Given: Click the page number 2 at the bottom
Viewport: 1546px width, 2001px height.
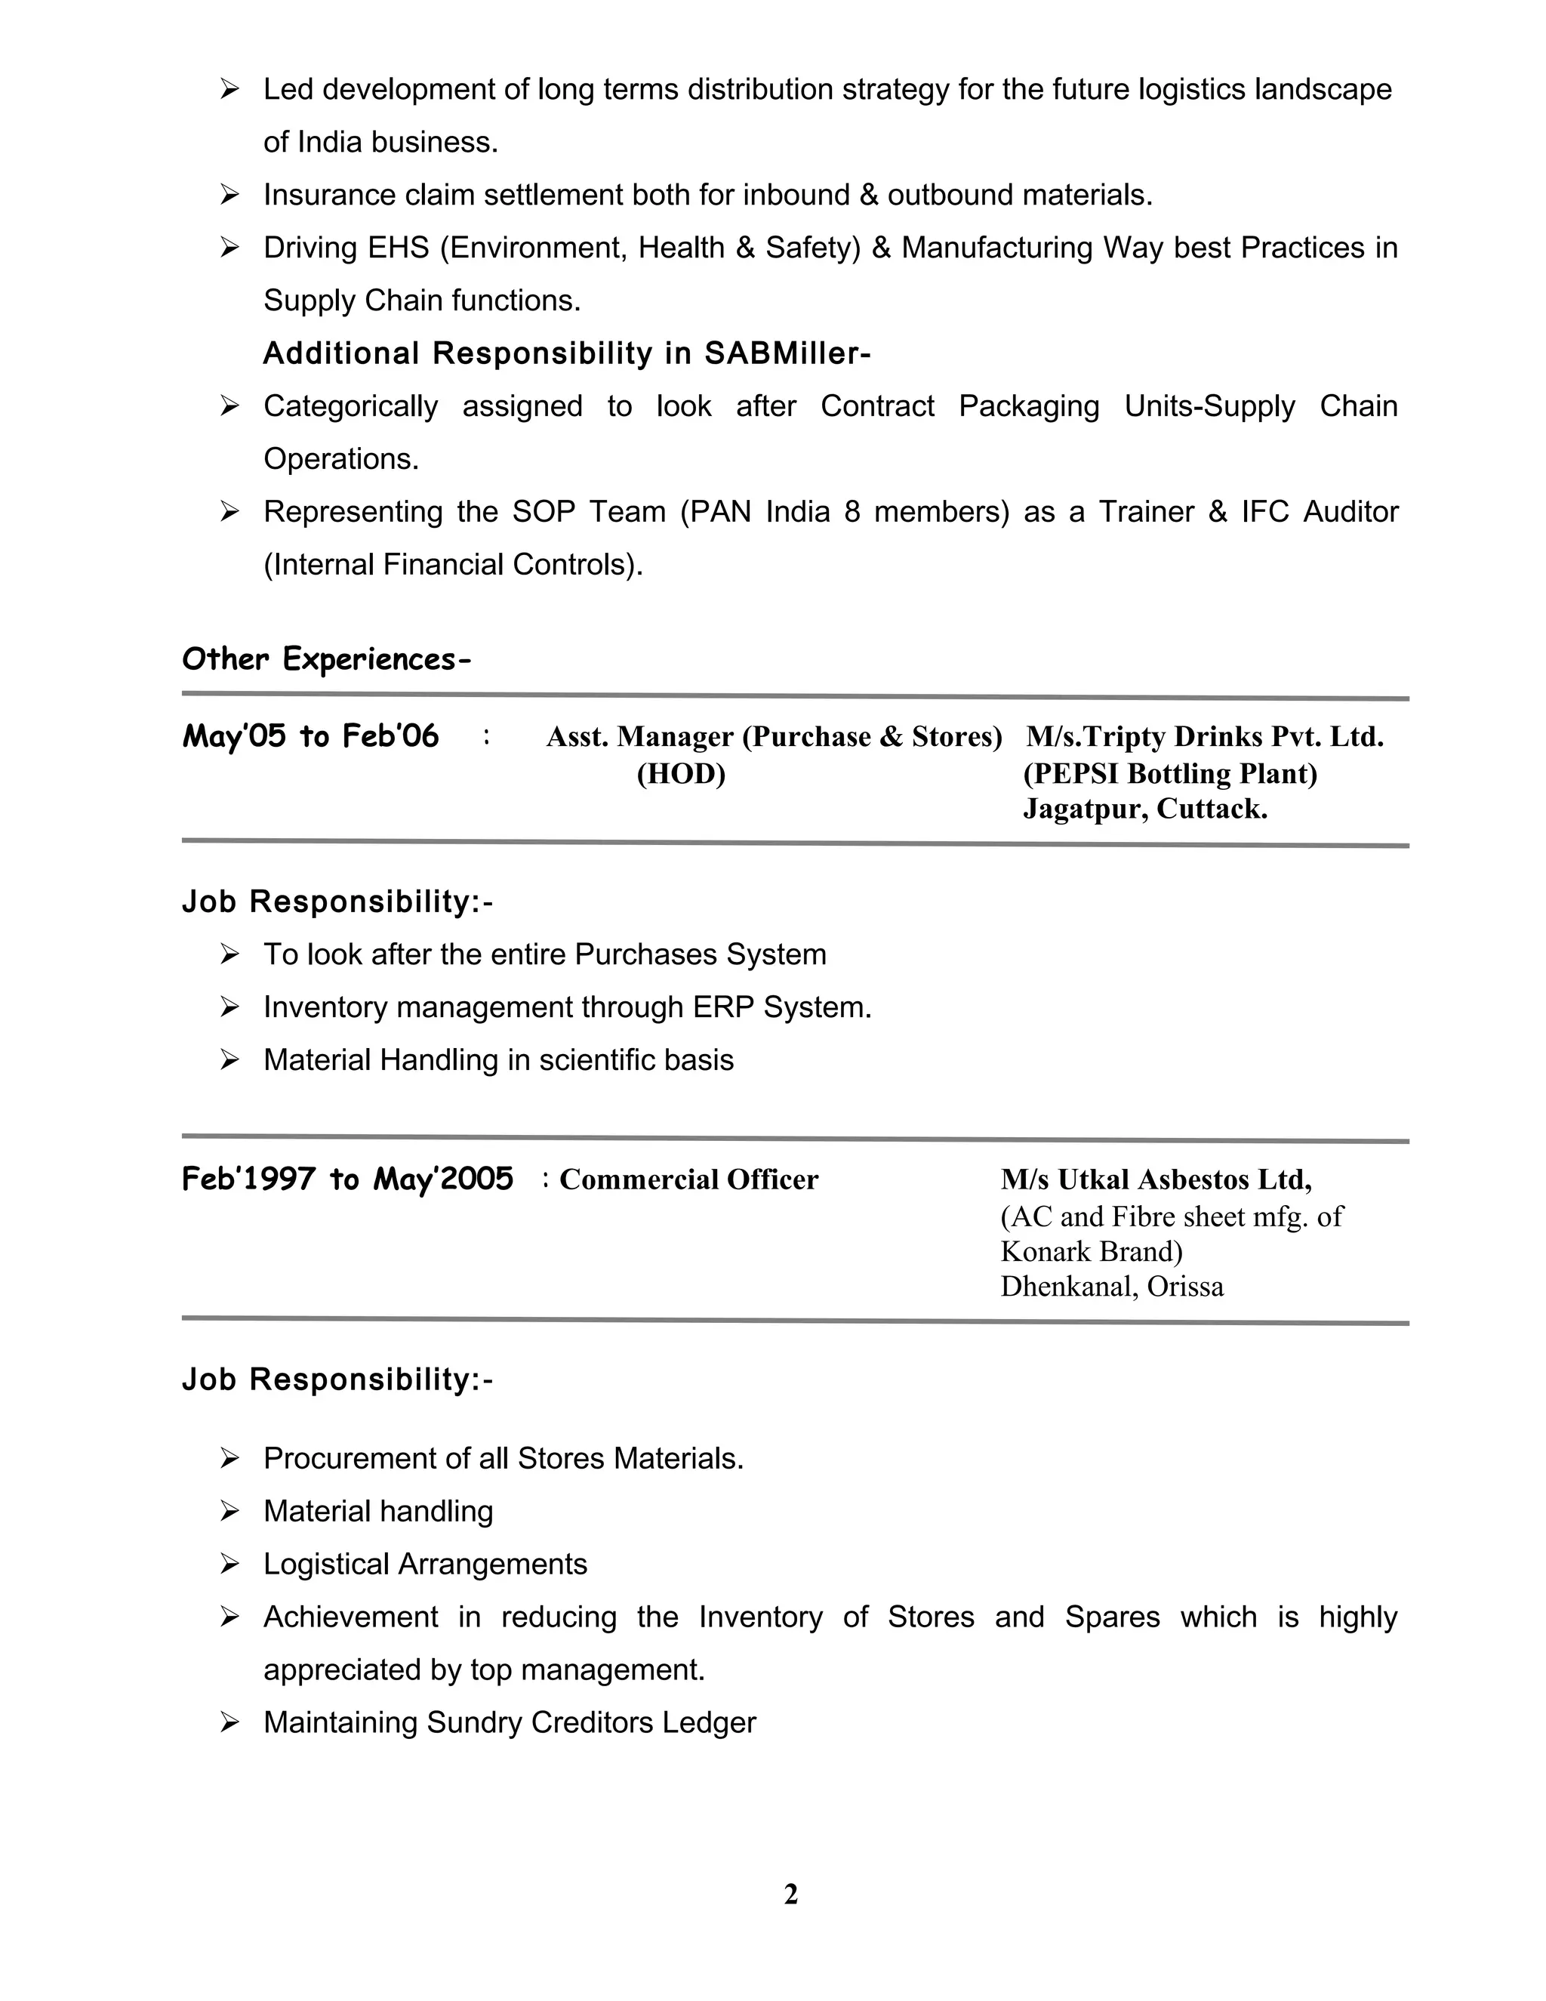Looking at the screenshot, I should pyautogui.click(x=790, y=1894).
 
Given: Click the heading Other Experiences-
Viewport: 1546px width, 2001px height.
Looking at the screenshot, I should pyautogui.click(x=326, y=658).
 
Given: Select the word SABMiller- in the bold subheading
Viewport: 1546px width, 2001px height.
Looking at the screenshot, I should pyautogui.click(x=787, y=353).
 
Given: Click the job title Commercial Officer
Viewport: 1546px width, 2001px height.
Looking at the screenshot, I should pyautogui.click(x=688, y=1179).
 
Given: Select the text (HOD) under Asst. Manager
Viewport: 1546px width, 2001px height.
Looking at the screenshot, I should pyautogui.click(x=680, y=773).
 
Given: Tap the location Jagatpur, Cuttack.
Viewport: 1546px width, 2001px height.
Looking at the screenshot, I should pyautogui.click(x=1145, y=809).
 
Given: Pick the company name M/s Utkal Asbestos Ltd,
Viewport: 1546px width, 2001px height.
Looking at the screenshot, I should pyautogui.click(x=1156, y=1179).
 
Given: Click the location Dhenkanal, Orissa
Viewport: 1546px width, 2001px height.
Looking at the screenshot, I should pyautogui.click(x=1112, y=1287).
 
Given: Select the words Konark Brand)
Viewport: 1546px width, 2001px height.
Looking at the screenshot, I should pyautogui.click(x=1092, y=1251).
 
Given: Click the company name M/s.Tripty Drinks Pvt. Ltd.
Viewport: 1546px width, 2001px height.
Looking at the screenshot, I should pyautogui.click(x=1204, y=737).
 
